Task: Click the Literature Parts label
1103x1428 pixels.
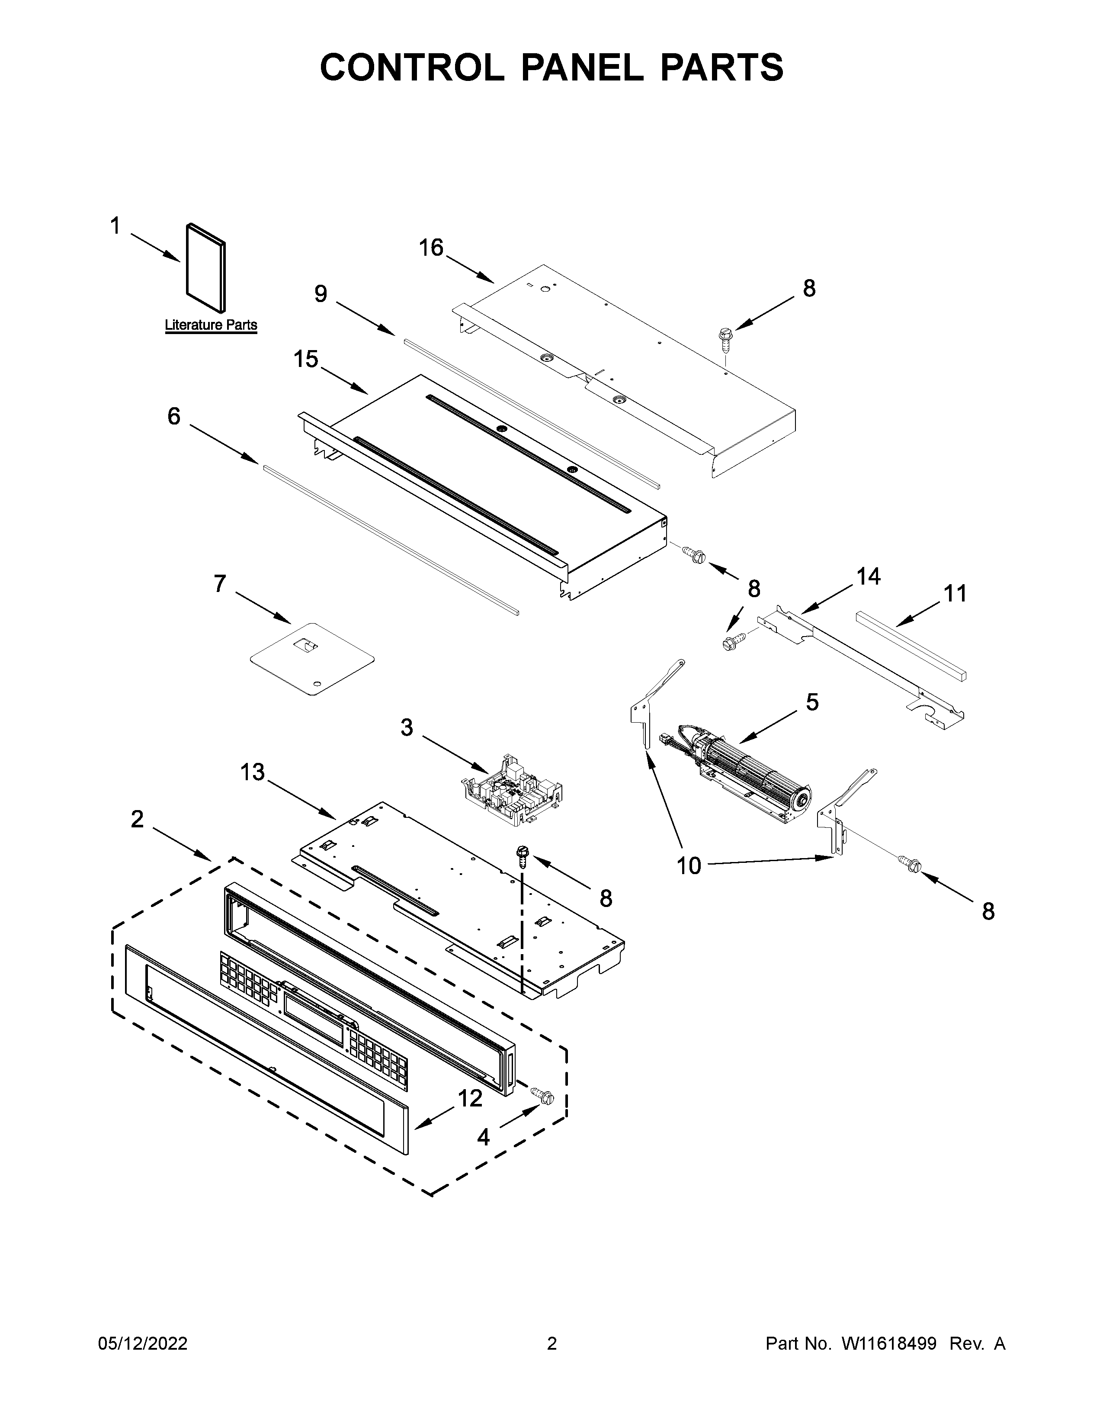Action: pos(210,325)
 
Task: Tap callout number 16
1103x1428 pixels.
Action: pos(431,248)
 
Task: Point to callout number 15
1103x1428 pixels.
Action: pos(306,359)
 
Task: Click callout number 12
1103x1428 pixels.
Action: pos(470,1098)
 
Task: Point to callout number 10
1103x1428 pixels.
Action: pos(689,866)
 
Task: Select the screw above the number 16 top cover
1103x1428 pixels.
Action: pos(725,338)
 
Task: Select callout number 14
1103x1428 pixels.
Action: pos(869,576)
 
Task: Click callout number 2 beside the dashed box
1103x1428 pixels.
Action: pos(137,819)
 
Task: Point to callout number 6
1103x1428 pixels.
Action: pos(174,416)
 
